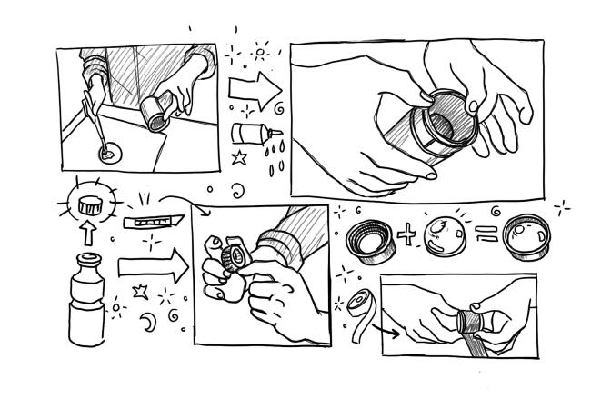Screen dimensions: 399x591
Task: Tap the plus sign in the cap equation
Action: [x=408, y=234]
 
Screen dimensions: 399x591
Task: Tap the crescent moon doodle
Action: [x=147, y=323]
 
